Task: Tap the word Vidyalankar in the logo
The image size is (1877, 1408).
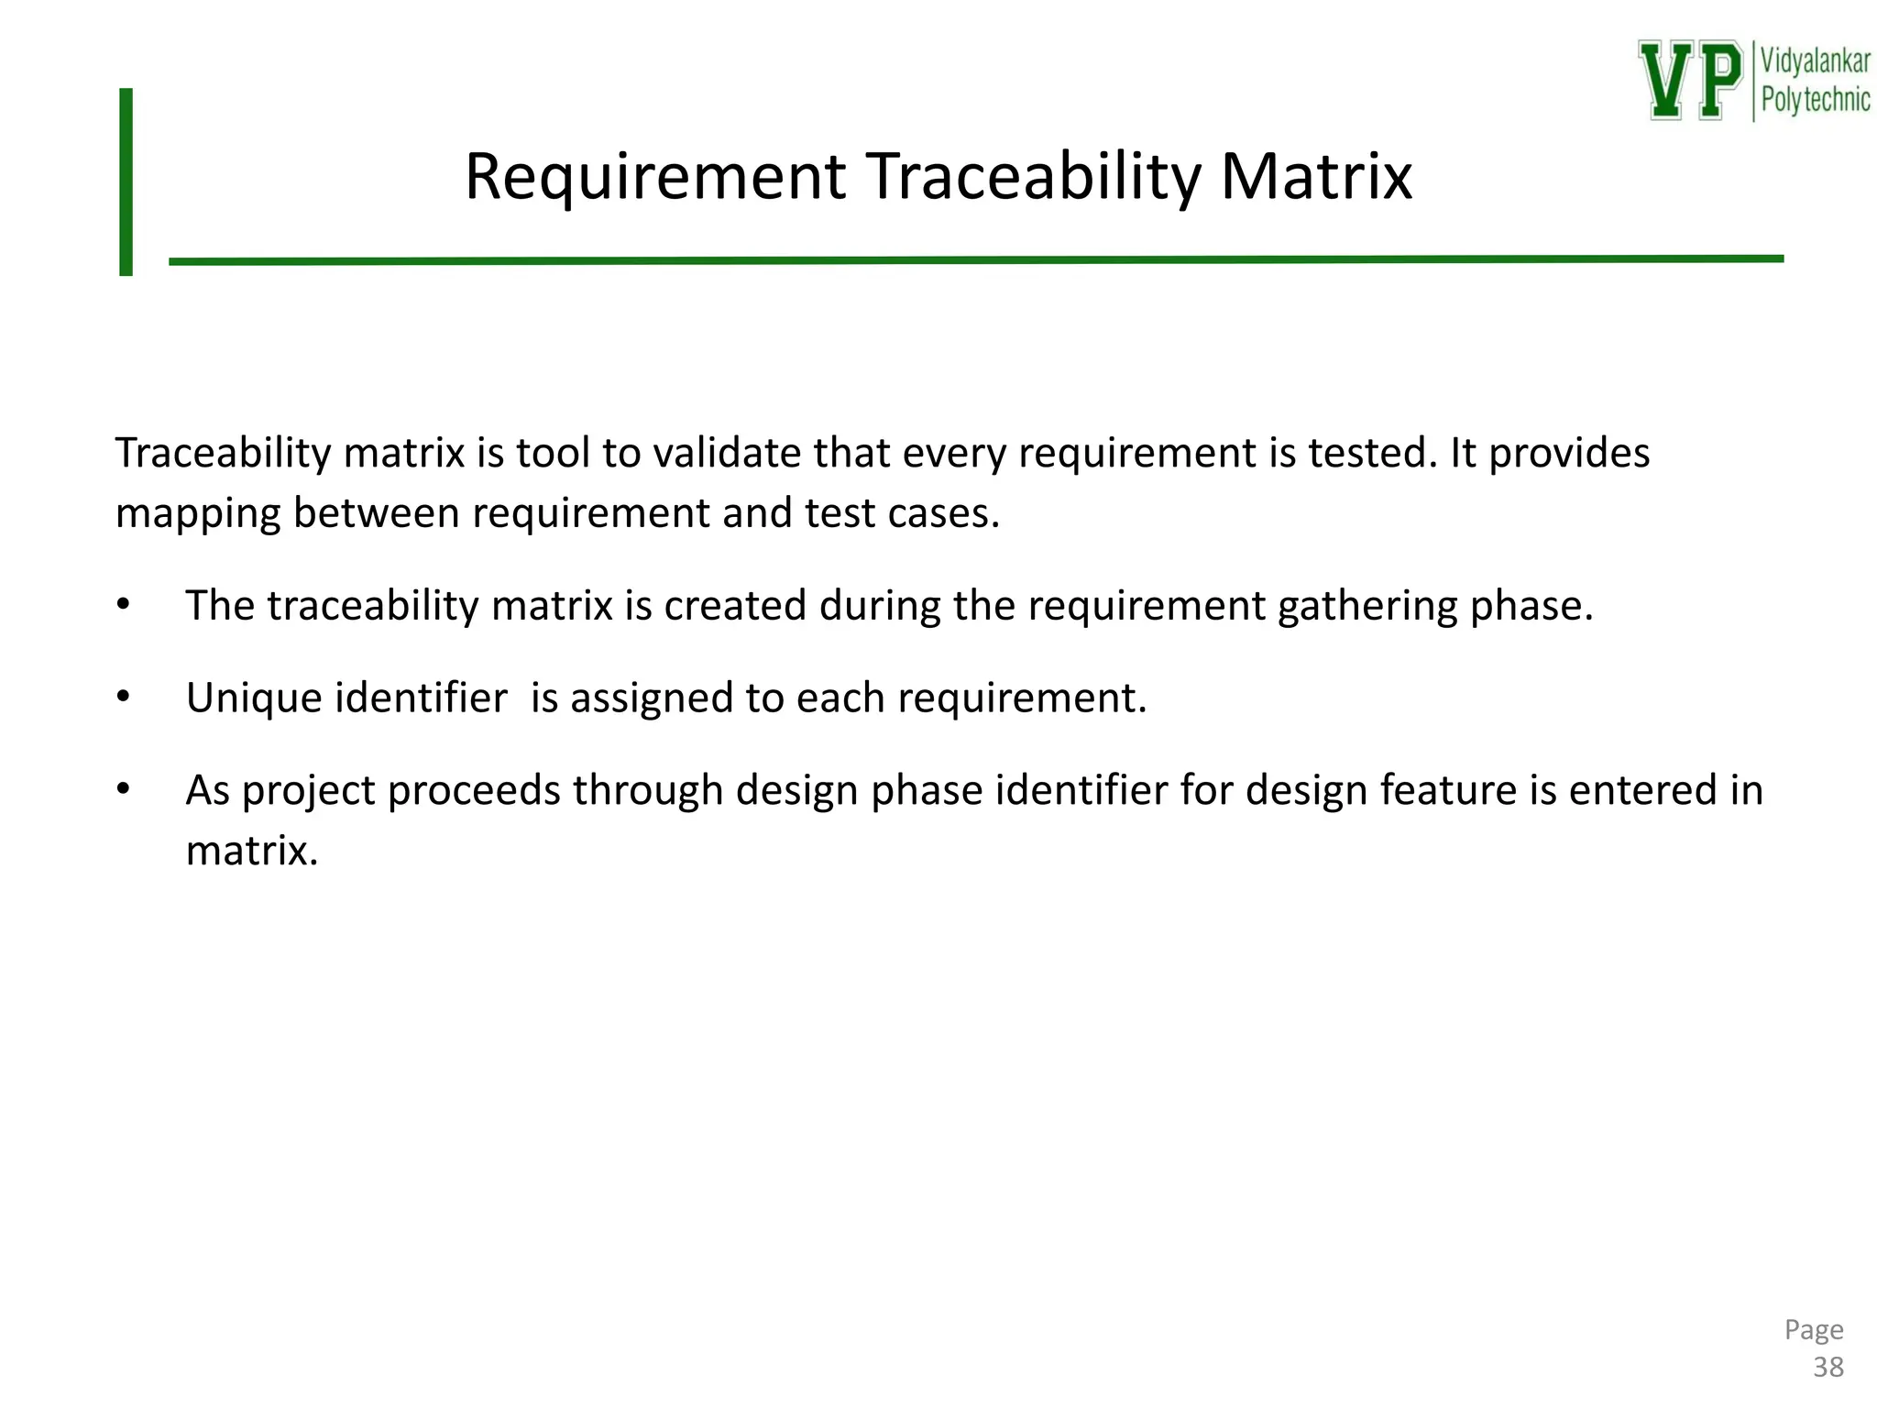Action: click(1815, 62)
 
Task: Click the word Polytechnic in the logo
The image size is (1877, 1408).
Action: click(1815, 99)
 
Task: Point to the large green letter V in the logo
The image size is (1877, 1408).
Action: click(1667, 80)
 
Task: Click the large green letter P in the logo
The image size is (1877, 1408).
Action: click(1719, 80)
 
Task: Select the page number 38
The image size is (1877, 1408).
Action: click(1828, 1368)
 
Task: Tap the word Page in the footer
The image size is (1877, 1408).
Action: click(1814, 1329)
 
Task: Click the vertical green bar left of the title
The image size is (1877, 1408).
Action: click(126, 181)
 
